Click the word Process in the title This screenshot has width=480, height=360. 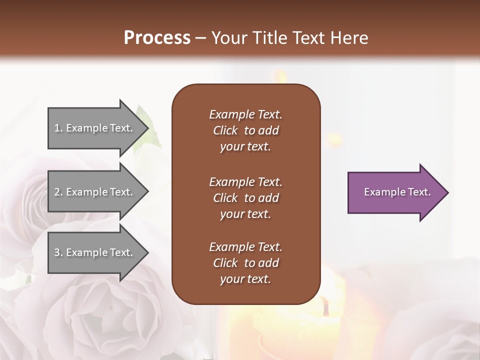pyautogui.click(x=157, y=38)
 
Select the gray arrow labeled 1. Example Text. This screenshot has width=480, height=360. pyautogui.click(x=95, y=128)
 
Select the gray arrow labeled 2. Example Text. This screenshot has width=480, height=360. pyautogui.click(x=95, y=192)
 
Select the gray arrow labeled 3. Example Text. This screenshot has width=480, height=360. pyautogui.click(x=95, y=252)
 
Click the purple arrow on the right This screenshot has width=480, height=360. pyautogui.click(x=395, y=192)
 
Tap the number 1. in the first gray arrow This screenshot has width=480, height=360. pyautogui.click(x=58, y=128)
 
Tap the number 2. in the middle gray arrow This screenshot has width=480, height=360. pyautogui.click(x=58, y=192)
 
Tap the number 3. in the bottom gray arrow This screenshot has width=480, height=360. pyautogui.click(x=58, y=252)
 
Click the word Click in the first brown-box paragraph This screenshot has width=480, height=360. pyautogui.click(x=225, y=130)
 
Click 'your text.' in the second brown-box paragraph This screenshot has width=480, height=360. pyautogui.click(x=245, y=214)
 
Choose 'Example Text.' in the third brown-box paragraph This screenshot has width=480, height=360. pyautogui.click(x=245, y=247)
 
